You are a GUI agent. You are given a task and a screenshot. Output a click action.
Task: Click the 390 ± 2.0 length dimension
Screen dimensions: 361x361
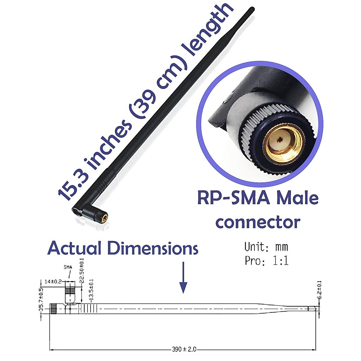(184, 349)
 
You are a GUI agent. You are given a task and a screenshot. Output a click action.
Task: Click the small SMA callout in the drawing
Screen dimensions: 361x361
(68, 267)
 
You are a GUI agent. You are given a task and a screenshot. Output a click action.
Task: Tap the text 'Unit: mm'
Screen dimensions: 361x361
(266, 247)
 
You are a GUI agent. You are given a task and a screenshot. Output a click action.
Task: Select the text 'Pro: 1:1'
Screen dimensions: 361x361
(267, 261)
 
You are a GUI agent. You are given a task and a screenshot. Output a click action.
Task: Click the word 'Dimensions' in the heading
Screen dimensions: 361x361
(153, 248)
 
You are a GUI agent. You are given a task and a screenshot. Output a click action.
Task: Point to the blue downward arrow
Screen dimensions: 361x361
(183, 277)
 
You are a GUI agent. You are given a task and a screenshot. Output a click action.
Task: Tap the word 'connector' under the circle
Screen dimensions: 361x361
(258, 222)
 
